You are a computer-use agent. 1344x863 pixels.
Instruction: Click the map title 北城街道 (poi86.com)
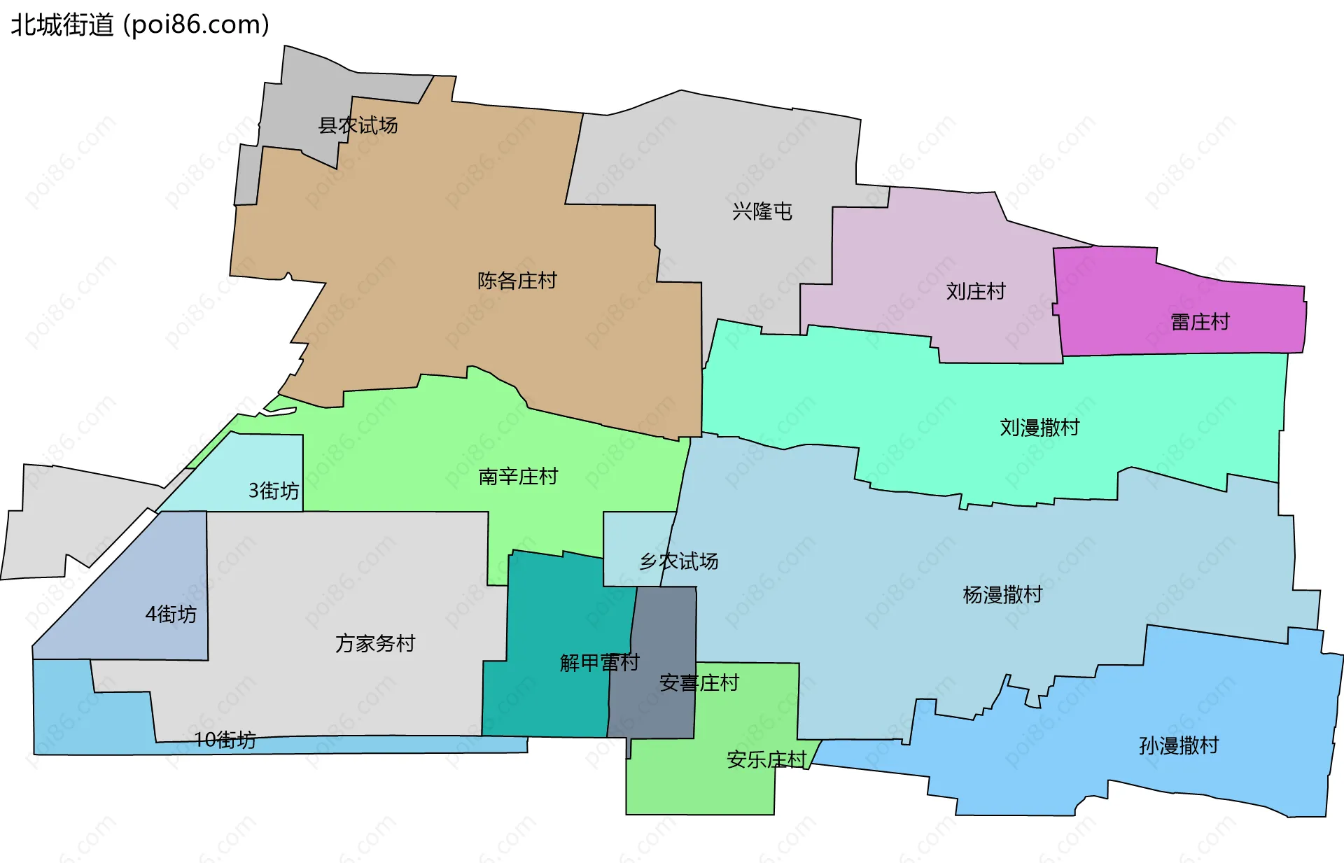pyautogui.click(x=140, y=25)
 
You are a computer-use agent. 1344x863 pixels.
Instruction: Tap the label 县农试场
pyautogui.click(x=358, y=125)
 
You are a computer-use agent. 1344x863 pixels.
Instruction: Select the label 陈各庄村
pyautogui.click(x=517, y=281)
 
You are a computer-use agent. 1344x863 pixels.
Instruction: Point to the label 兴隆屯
pyautogui.click(x=762, y=211)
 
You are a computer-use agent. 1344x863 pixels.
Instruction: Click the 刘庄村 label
pyautogui.click(x=975, y=291)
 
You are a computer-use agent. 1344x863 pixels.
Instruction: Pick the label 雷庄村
pyautogui.click(x=1200, y=322)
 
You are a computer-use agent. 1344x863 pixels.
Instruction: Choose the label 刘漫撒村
pyautogui.click(x=1039, y=427)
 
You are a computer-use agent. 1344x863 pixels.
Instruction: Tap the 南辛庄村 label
pyautogui.click(x=518, y=477)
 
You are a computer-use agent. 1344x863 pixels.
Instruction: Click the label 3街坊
pyautogui.click(x=274, y=491)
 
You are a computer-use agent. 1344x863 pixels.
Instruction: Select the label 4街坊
pyautogui.click(x=171, y=614)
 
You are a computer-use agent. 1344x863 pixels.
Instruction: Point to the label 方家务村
pyautogui.click(x=375, y=643)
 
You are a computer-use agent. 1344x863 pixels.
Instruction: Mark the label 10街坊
pyautogui.click(x=225, y=740)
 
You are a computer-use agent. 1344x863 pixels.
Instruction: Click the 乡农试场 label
pyautogui.click(x=678, y=561)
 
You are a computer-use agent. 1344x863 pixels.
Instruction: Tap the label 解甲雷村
pyautogui.click(x=599, y=662)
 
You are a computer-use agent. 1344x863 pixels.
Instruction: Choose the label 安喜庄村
pyautogui.click(x=699, y=682)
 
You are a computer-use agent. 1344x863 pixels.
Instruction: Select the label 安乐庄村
pyautogui.click(x=766, y=759)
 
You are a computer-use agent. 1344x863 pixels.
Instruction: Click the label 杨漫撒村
pyautogui.click(x=1002, y=595)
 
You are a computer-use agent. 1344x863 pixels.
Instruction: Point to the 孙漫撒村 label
pyautogui.click(x=1179, y=745)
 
